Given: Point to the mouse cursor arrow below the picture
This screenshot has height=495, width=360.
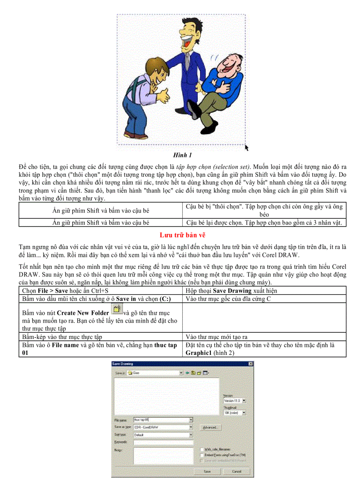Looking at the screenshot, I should click(247, 148).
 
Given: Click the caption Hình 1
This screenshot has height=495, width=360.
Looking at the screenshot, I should click(182, 155).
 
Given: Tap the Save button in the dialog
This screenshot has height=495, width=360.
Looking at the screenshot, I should click(207, 471).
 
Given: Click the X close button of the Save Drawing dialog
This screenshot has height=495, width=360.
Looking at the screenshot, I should click(250, 364).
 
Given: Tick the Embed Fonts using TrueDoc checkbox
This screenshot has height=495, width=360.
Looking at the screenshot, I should click(202, 455).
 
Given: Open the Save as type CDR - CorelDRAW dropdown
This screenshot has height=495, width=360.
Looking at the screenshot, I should click(191, 427).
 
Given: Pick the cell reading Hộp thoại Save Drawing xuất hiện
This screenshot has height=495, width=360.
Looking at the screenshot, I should click(264, 290).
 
